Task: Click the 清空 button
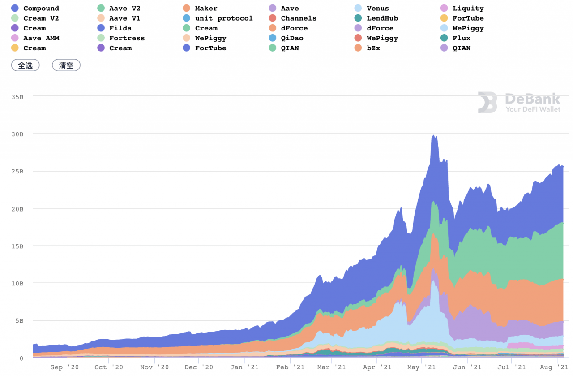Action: pyautogui.click(x=66, y=65)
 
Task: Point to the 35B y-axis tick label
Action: pyautogui.click(x=17, y=97)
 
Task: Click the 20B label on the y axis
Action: pyautogui.click(x=17, y=209)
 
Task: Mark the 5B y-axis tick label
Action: pyautogui.click(x=19, y=321)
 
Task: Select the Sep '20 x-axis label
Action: pyautogui.click(x=64, y=367)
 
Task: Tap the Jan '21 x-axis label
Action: pyautogui.click(x=244, y=367)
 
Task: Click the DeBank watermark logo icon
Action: pyautogui.click(x=487, y=103)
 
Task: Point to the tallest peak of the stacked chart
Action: pyautogui.click(x=433, y=135)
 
